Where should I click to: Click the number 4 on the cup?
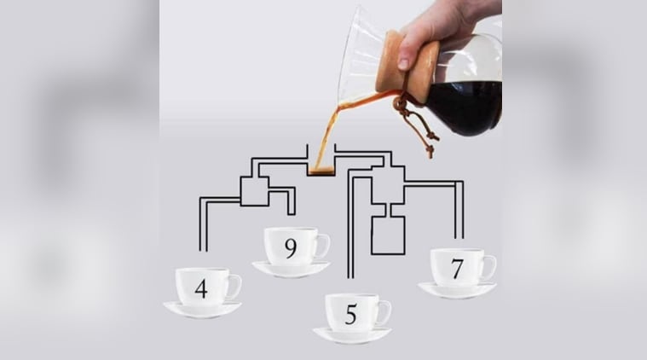click(201, 289)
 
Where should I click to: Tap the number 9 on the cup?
click(291, 248)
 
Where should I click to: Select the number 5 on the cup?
click(350, 315)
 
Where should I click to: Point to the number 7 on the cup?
click(456, 270)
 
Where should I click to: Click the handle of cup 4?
click(237, 287)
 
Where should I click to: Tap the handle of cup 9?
click(325, 246)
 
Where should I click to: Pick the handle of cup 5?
click(386, 313)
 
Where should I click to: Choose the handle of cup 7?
click(492, 269)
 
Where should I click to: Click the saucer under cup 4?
click(202, 310)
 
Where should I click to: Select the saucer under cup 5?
click(352, 335)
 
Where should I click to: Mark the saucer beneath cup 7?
click(457, 290)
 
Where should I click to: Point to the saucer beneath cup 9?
click(292, 270)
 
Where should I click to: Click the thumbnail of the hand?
click(403, 63)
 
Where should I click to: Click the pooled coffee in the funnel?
click(321, 171)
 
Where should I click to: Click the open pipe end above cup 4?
click(203, 250)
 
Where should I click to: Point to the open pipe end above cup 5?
click(350, 276)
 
